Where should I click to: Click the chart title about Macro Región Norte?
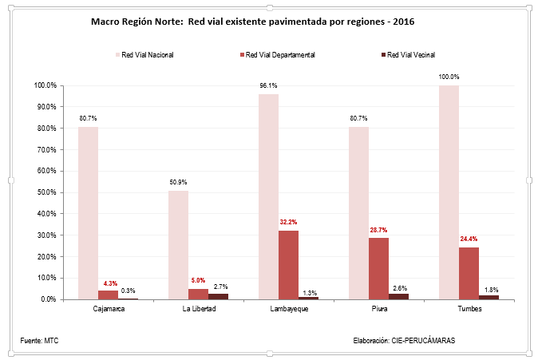(259, 23)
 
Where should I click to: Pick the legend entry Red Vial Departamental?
(280, 55)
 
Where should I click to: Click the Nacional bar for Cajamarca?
(88, 212)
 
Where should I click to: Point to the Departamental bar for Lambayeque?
(289, 264)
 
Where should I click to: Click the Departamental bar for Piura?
(378, 268)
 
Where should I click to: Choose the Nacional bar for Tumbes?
(449, 192)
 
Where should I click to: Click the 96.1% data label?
(268, 86)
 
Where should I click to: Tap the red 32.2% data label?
(288, 222)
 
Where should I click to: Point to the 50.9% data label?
(178, 183)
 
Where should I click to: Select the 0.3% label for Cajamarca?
(128, 291)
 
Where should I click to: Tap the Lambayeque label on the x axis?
(288, 310)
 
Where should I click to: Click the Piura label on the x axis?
(378, 310)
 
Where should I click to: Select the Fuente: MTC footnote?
(39, 341)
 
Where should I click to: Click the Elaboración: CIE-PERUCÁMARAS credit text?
(404, 341)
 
